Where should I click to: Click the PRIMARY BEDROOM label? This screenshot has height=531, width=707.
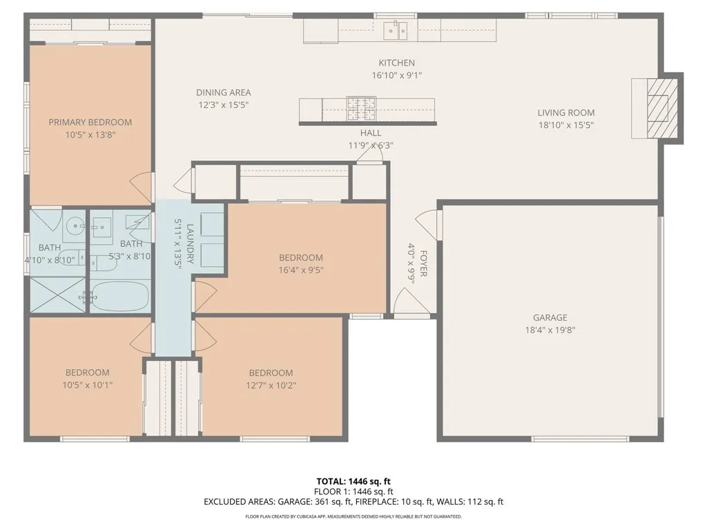coord(90,122)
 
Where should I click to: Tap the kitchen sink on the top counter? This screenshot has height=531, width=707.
coord(396,29)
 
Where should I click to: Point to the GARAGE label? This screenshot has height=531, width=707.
coord(550,318)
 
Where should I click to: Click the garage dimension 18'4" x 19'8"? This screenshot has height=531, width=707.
coord(550,330)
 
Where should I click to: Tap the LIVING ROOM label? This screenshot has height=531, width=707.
coord(566,113)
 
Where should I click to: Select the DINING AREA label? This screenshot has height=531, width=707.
coord(223,93)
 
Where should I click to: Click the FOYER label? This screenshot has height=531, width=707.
coord(423,263)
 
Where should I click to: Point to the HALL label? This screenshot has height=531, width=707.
coord(370,133)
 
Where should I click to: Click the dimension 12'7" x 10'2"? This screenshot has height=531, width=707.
coord(271,385)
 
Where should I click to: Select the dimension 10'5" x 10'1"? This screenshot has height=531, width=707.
coord(87,385)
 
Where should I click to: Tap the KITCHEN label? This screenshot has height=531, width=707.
coord(396,63)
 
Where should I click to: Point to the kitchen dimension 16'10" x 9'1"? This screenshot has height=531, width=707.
coord(396,75)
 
